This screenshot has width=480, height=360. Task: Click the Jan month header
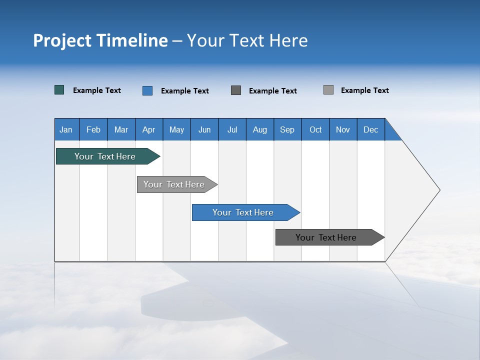click(66, 129)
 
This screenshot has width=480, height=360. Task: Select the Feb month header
click(93, 129)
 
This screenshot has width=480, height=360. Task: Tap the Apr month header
click(149, 129)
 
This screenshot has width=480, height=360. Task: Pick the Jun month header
click(204, 129)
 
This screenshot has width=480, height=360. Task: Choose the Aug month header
click(260, 129)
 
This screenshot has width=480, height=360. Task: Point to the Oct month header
click(315, 129)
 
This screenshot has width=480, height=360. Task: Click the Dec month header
click(371, 129)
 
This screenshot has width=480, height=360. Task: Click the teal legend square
click(59, 90)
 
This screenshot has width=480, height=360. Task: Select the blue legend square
click(147, 90)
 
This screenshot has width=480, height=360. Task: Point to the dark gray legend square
click(236, 90)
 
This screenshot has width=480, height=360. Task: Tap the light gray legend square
click(328, 90)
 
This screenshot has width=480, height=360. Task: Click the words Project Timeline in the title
click(100, 40)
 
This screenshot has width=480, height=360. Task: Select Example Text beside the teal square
click(97, 90)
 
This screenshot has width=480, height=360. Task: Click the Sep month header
click(287, 129)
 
